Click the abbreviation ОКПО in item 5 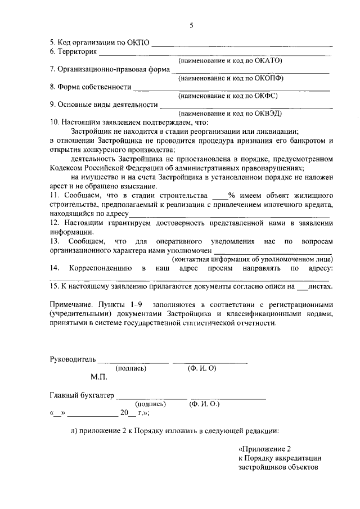pyautogui.click(x=139, y=42)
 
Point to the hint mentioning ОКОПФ pyautogui.click(x=230, y=78)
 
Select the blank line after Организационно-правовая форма pyautogui.click(x=250, y=71)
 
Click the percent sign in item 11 pyautogui.click(x=231, y=196)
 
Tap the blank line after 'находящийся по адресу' pyautogui.click(x=229, y=215)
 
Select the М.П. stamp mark pyautogui.click(x=99, y=377)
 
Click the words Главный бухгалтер pyautogui.click(x=82, y=395)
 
